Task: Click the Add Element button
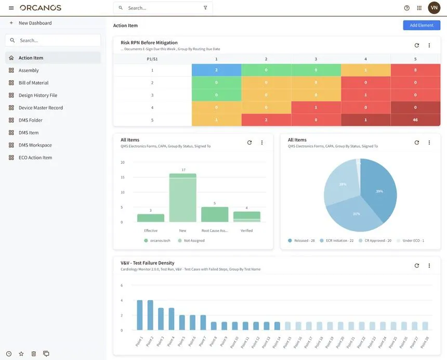coord(421,25)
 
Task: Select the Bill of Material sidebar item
coord(33,83)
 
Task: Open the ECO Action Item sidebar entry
coord(35,158)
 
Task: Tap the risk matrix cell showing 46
coord(415,120)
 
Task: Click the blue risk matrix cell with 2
coord(216,70)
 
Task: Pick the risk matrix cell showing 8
coord(415,70)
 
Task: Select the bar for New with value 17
coord(182,198)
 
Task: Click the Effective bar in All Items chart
coord(151,218)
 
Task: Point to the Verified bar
coord(246,216)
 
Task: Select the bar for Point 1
coord(139,315)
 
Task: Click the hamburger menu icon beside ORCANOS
coord(11,8)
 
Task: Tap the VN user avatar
coord(433,8)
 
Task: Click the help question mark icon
coord(406,8)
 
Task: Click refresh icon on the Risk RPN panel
coord(416,45)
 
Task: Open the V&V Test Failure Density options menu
coord(429,265)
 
